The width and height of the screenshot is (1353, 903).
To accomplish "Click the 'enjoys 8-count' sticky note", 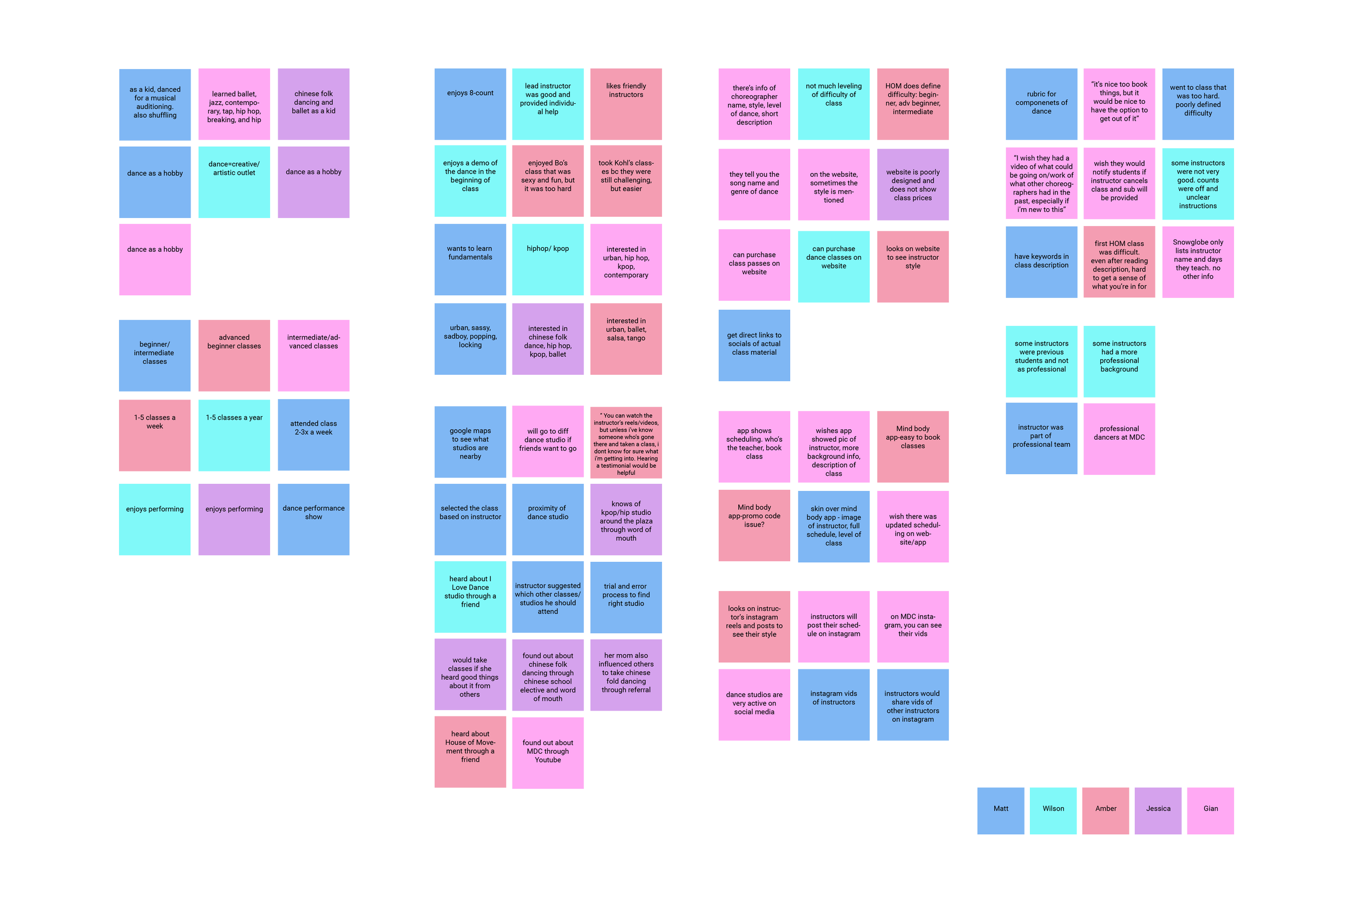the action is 470,104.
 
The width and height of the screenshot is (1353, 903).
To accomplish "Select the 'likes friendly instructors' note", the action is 626,104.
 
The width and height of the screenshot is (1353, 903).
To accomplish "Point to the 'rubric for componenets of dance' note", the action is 1041,104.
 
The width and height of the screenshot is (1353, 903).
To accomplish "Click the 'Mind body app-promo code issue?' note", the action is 754,525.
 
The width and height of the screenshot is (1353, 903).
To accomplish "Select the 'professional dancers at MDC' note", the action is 1119,439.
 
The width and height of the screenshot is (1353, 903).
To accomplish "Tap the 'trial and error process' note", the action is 626,597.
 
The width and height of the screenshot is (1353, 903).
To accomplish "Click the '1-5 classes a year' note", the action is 234,435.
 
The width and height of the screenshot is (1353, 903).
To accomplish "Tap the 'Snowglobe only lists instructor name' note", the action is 1198,262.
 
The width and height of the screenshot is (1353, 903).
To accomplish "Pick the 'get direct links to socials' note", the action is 754,345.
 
